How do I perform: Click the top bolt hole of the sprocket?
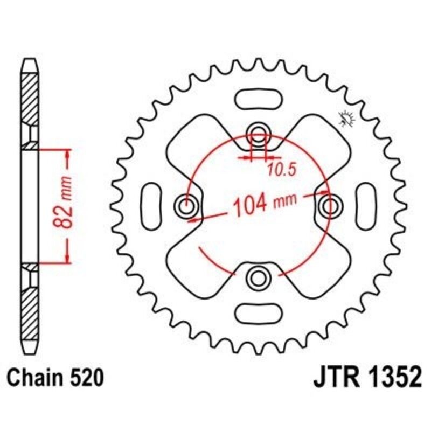point(258,134)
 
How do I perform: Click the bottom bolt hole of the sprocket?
point(258,277)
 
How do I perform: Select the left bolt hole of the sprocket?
point(186,205)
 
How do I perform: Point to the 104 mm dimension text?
point(264,204)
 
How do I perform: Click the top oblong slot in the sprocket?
point(258,100)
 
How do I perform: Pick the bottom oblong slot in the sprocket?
point(258,311)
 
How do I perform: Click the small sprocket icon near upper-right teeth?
point(345,118)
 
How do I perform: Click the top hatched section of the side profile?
point(30,100)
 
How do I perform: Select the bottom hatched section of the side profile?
point(30,312)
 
